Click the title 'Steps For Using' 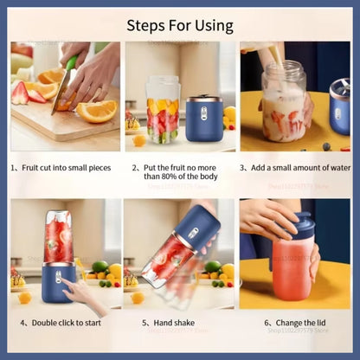click(x=180, y=25)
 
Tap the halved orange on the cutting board click(x=96, y=110)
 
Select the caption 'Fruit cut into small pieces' click(x=66, y=167)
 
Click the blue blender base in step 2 click(x=205, y=119)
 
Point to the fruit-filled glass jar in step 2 click(x=162, y=110)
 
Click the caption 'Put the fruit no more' click(x=181, y=167)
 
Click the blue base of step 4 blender click(x=57, y=281)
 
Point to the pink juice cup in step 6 click(x=290, y=270)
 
